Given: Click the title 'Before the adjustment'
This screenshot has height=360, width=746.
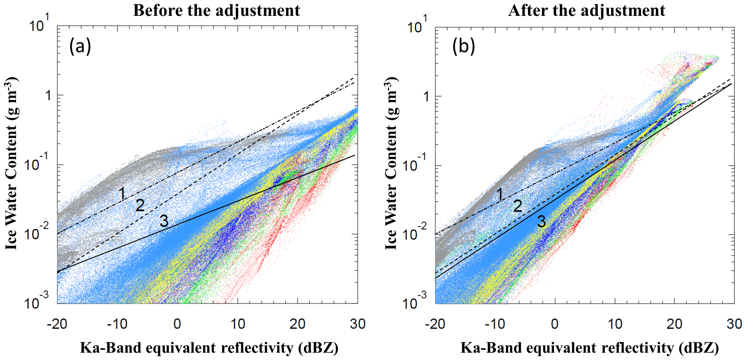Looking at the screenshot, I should click(217, 10).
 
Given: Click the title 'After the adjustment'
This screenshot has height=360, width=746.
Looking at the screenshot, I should click(587, 10).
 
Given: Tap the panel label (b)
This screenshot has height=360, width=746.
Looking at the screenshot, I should click(463, 47).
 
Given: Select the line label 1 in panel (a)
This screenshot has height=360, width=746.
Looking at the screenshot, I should click(123, 194).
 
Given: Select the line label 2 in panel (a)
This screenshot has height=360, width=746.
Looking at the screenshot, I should click(140, 206).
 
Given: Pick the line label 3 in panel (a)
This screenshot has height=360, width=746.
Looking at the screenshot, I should click(164, 221).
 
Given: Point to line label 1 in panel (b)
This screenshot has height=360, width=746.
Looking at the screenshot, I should click(499, 195).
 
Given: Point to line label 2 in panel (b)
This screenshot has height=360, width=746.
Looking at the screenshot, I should click(518, 207).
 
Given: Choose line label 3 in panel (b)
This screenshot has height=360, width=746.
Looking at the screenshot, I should click(541, 222).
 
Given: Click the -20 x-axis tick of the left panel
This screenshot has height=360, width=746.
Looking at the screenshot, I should click(57, 324).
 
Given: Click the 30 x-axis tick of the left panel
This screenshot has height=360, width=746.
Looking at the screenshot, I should click(358, 324).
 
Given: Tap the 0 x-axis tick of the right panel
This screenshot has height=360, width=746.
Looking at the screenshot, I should click(555, 324).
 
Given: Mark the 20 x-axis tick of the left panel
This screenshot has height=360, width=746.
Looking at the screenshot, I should click(297, 324).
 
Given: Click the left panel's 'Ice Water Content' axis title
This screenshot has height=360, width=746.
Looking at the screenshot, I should click(12, 165).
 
